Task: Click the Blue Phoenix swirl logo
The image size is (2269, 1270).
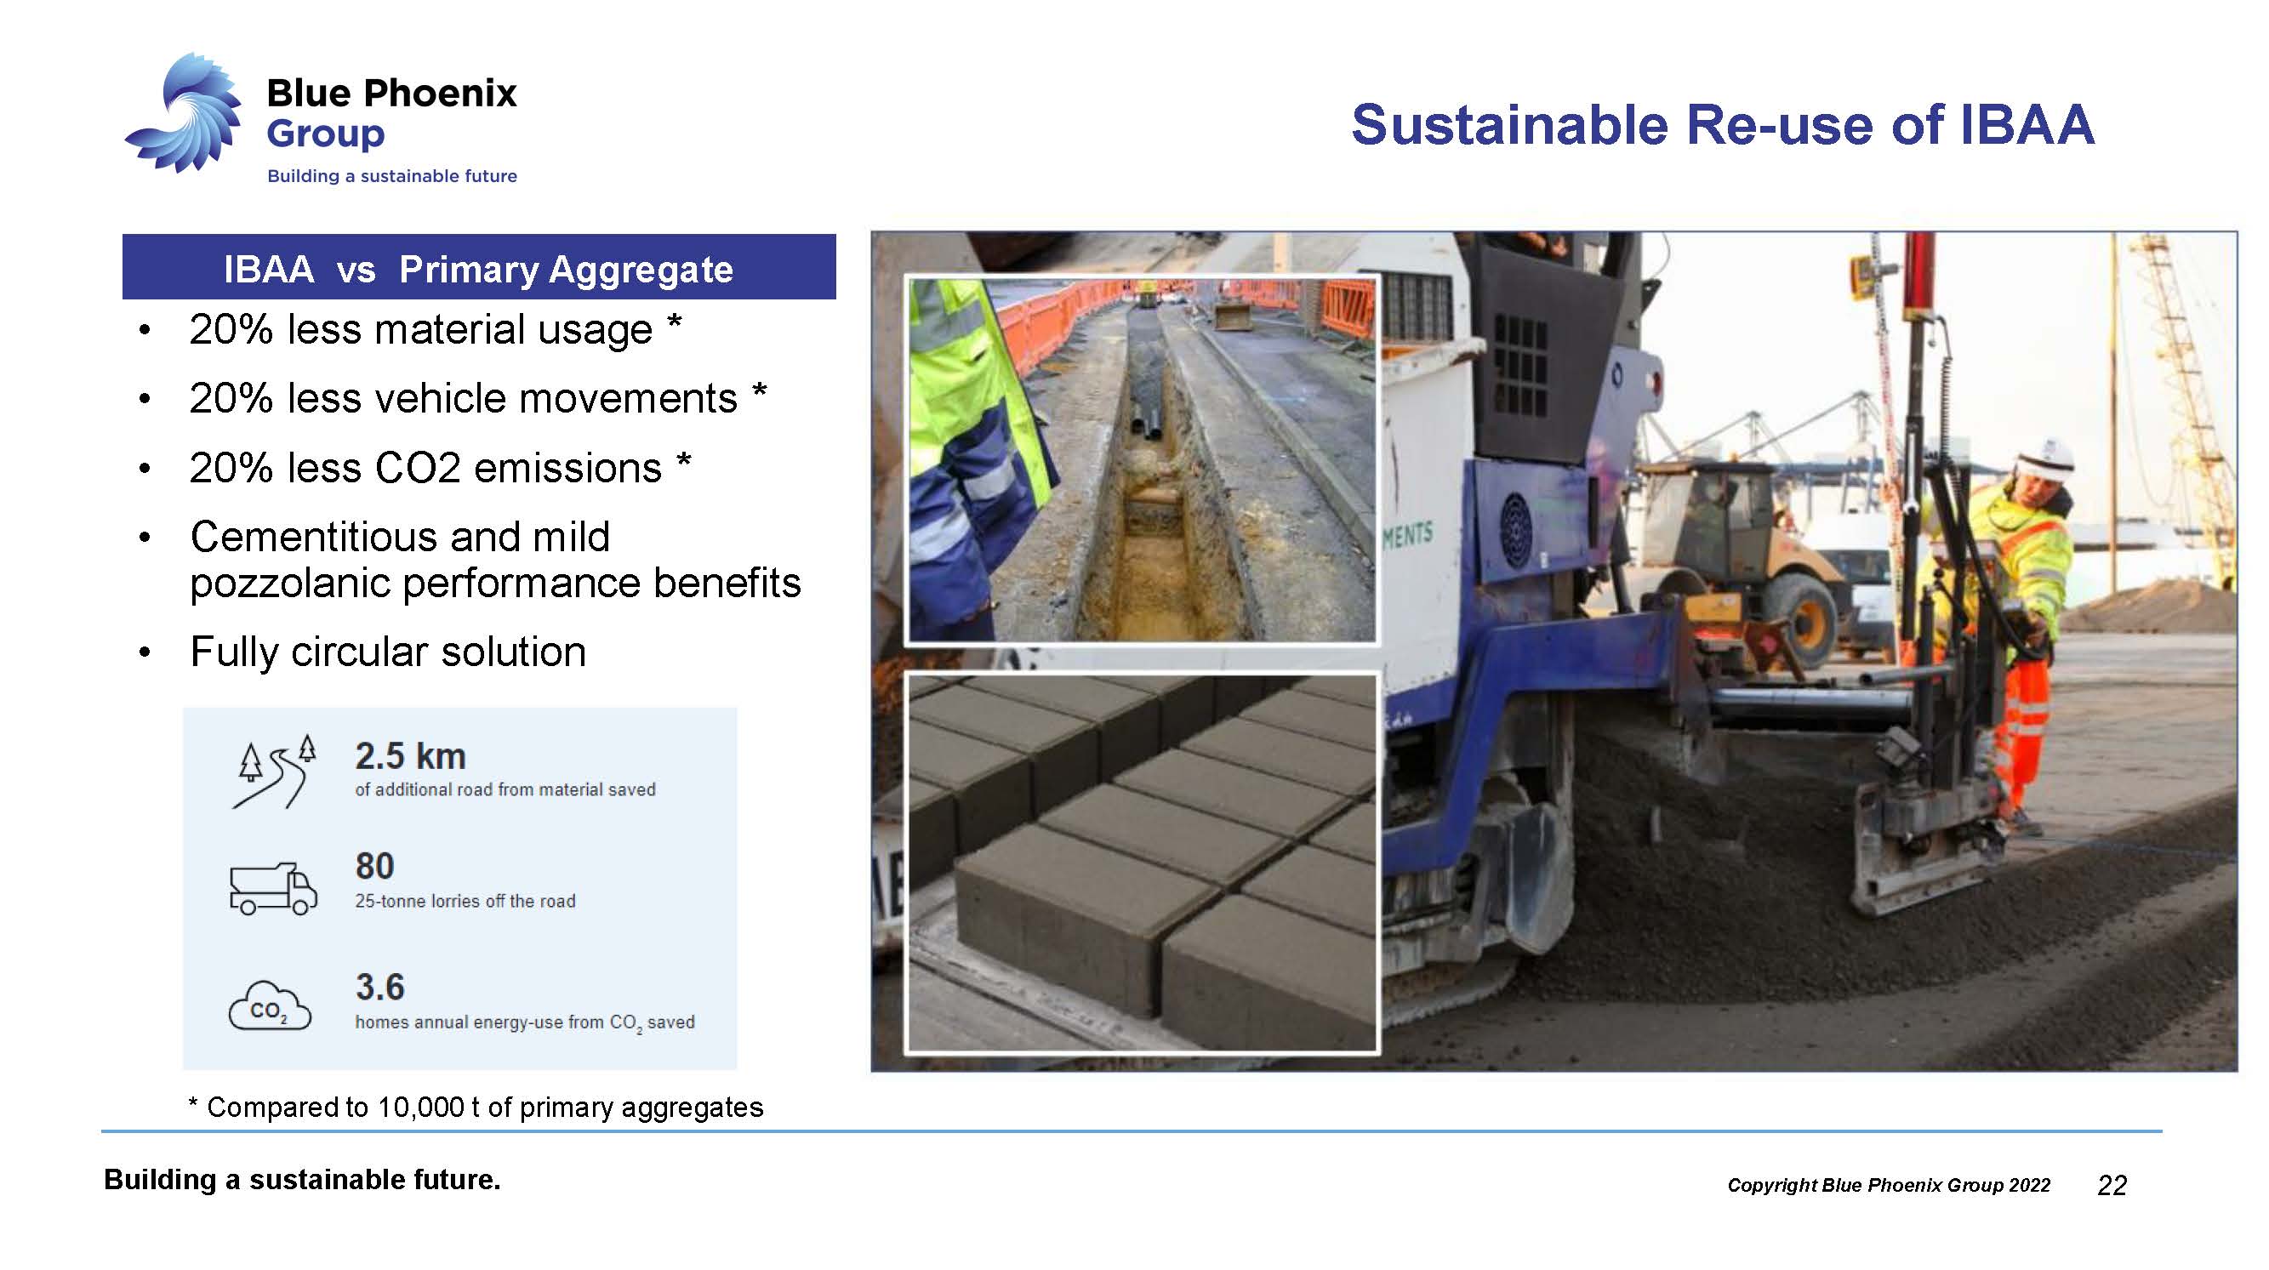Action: tap(185, 113)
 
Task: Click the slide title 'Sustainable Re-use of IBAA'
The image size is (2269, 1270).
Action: tap(1722, 124)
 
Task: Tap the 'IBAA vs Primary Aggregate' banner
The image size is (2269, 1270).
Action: tap(478, 267)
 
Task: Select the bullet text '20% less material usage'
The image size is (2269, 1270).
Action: tap(421, 329)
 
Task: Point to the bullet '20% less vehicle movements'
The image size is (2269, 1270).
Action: tap(464, 398)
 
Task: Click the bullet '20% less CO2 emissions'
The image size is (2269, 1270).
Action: tap(425, 468)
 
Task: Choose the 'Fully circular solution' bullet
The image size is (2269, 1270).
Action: tap(388, 652)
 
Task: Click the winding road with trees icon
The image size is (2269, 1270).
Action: tap(274, 772)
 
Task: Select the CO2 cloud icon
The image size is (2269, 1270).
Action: tap(270, 1005)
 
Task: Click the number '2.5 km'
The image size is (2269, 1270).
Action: tap(410, 756)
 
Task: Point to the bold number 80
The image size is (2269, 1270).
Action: tap(374, 867)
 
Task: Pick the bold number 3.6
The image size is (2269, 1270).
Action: tap(379, 988)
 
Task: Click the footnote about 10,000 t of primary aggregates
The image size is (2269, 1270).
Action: tap(476, 1107)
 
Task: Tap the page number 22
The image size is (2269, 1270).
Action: tap(2112, 1186)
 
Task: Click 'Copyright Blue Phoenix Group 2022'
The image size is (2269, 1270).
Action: tap(1889, 1185)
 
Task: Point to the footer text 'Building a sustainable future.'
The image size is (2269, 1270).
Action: tap(302, 1180)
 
